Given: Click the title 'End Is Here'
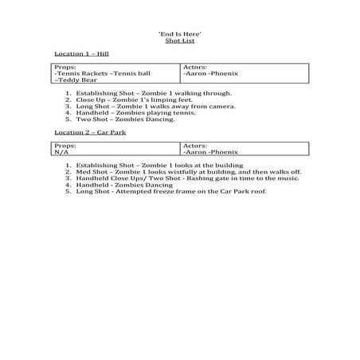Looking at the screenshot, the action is point(179,36).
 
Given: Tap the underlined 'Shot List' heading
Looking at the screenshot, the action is point(179,43).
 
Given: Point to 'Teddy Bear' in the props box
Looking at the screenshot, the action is point(74,81).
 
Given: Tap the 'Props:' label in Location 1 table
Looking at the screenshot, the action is point(65,67).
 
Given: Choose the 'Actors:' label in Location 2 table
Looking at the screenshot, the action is point(195,146).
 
